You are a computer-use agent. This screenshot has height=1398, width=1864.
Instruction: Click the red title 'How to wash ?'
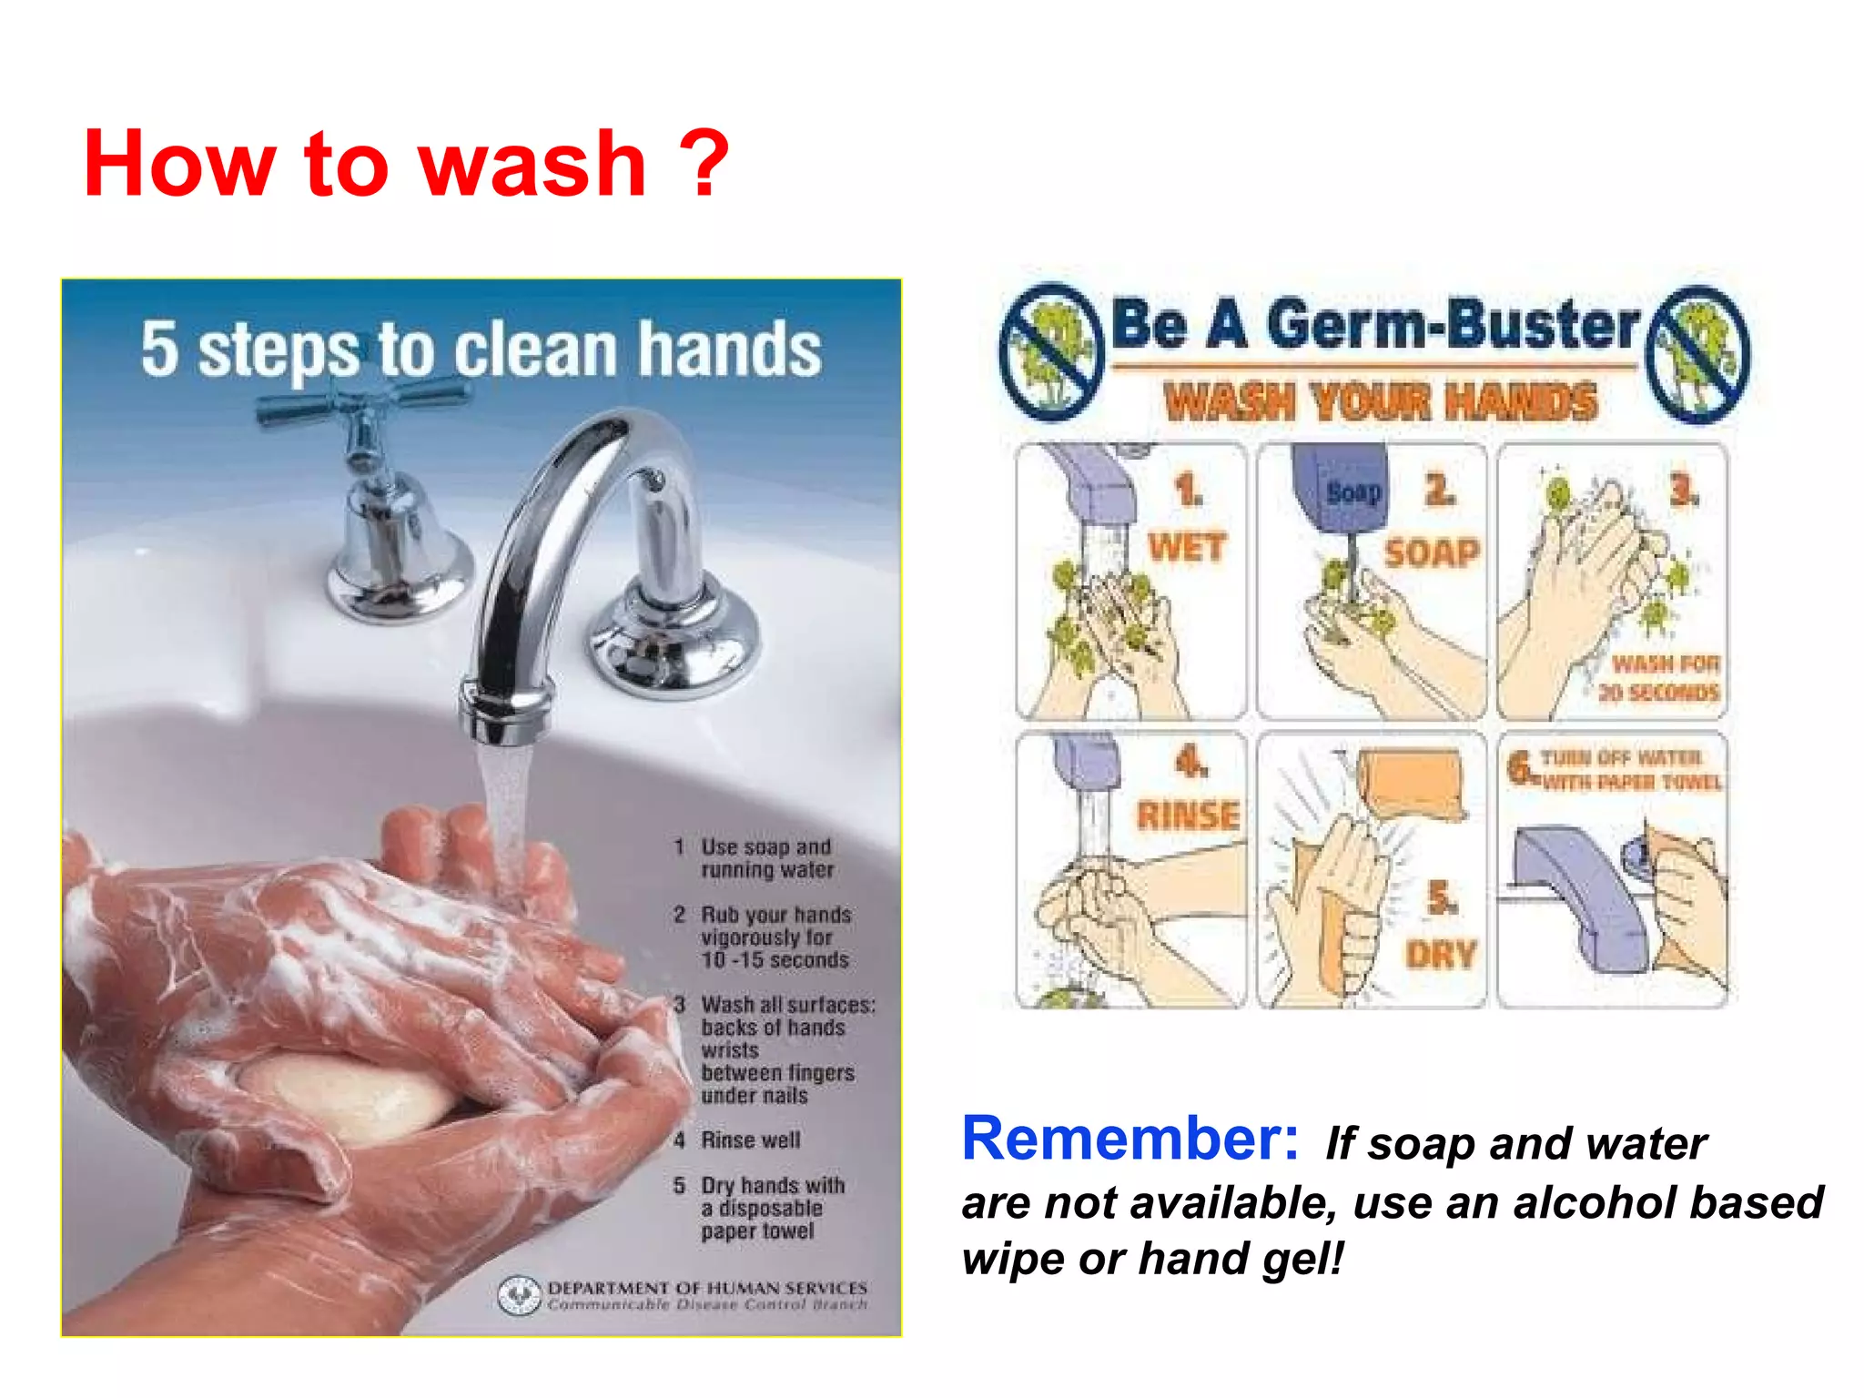click(406, 164)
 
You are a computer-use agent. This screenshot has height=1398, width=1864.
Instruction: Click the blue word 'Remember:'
click(1130, 1139)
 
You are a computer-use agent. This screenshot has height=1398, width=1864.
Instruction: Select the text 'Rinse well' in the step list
click(750, 1140)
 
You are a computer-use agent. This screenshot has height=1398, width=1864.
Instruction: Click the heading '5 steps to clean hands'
click(481, 349)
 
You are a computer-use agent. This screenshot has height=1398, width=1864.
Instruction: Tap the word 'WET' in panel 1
click(1186, 548)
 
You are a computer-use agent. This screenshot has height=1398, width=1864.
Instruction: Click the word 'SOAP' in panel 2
click(1432, 552)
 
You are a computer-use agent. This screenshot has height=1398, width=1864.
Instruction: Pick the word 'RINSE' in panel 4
click(1188, 815)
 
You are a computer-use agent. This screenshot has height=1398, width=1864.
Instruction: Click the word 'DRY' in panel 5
click(1440, 955)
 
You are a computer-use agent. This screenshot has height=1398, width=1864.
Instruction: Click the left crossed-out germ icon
click(1051, 352)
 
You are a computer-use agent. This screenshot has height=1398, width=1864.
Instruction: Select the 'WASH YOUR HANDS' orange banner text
click(1380, 401)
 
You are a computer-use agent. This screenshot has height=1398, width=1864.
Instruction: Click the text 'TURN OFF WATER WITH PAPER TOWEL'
click(1629, 770)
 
